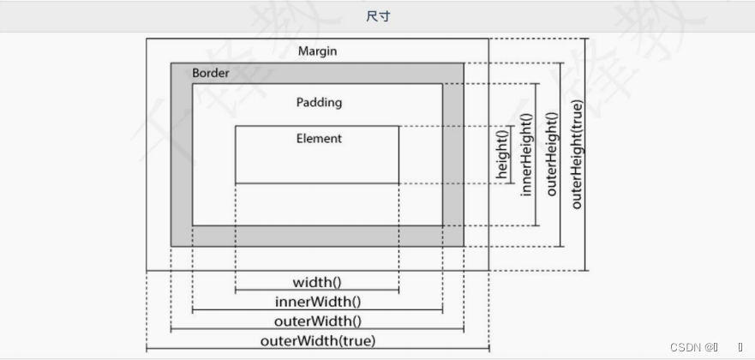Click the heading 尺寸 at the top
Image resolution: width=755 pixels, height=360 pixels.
tap(378, 16)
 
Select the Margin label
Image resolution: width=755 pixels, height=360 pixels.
tap(317, 51)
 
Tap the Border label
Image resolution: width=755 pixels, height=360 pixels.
tap(211, 74)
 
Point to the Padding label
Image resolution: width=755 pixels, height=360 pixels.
tap(319, 102)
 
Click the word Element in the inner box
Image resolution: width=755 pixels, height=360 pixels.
tap(319, 138)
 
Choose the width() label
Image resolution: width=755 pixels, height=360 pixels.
tap(317, 282)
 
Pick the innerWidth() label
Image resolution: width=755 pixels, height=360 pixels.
tap(317, 302)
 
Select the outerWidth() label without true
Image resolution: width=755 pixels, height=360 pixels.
tap(317, 321)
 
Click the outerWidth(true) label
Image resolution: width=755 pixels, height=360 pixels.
tap(317, 341)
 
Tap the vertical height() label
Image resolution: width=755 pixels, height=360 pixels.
tap(503, 154)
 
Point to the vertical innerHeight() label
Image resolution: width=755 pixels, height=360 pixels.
tap(526, 154)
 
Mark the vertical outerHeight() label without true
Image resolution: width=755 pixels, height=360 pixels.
tap(551, 154)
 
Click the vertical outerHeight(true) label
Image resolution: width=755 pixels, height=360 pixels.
tap(577, 154)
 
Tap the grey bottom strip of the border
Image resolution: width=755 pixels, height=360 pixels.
tap(317, 236)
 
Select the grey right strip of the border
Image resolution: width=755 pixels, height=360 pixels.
tap(453, 154)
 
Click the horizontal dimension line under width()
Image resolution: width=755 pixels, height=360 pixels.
tap(317, 291)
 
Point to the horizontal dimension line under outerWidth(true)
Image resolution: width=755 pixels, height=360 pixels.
tap(317, 350)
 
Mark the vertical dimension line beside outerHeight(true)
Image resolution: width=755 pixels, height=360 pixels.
tap(586, 154)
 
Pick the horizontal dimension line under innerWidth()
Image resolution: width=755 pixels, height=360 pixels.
tap(317, 311)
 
